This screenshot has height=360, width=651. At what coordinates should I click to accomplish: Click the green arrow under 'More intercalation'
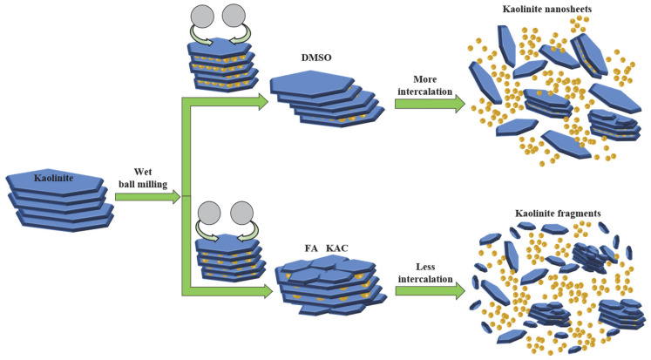(x=429, y=104)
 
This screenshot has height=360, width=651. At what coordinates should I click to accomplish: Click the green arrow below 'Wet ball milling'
(x=146, y=197)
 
